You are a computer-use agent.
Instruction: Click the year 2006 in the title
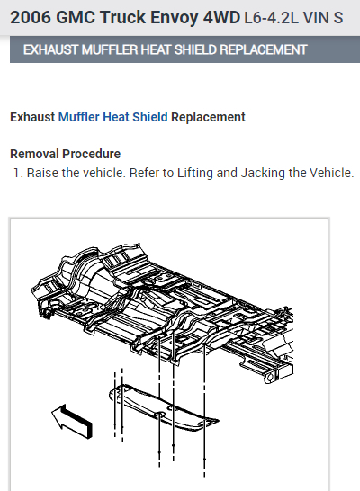(x=31, y=17)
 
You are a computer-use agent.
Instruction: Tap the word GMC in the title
(x=76, y=17)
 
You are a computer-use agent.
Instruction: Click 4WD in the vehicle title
(x=221, y=17)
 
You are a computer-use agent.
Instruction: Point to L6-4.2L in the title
(x=271, y=18)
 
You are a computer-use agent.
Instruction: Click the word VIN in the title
(x=316, y=18)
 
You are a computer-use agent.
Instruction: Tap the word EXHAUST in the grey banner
(x=50, y=49)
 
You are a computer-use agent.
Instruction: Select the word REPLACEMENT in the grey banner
(x=264, y=49)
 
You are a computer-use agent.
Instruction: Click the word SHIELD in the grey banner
(x=195, y=49)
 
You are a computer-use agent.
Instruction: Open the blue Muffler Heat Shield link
(x=113, y=117)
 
